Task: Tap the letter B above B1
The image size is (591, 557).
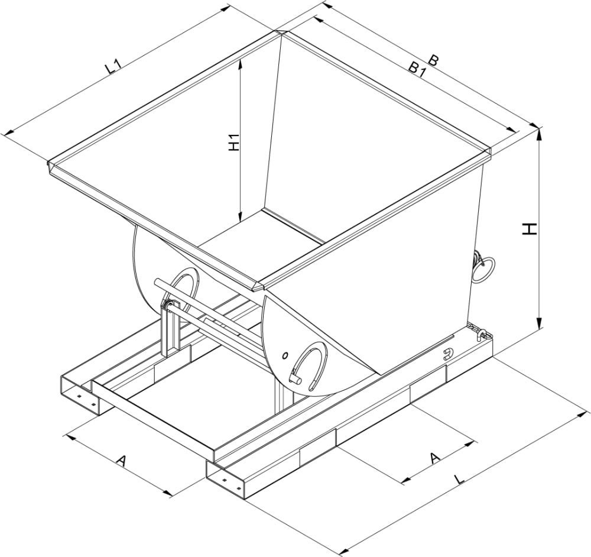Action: click(434, 60)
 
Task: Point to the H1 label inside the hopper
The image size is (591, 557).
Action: click(235, 144)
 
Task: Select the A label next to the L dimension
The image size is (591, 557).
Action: click(435, 457)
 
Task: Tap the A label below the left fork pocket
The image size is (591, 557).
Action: click(121, 461)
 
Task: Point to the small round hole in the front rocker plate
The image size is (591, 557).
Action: click(285, 355)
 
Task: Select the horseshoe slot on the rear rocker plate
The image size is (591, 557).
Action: click(185, 288)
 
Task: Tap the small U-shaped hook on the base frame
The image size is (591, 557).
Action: click(448, 355)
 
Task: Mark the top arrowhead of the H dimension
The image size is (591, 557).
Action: click(539, 131)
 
